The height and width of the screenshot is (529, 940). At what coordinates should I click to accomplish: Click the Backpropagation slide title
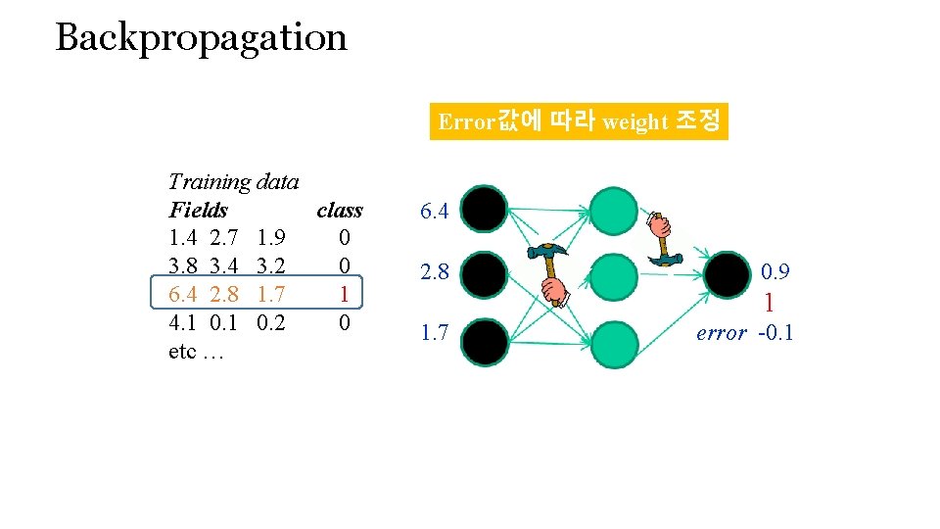(201, 38)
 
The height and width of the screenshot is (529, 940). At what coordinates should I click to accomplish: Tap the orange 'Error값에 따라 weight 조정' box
(579, 121)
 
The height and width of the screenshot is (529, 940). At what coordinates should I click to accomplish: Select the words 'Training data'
(233, 181)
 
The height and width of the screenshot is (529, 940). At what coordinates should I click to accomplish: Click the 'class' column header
(339, 210)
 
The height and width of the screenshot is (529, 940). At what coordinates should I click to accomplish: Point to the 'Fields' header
(198, 210)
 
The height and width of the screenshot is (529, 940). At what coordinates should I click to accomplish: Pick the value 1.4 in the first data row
(183, 238)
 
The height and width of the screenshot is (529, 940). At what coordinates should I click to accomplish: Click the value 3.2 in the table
(269, 265)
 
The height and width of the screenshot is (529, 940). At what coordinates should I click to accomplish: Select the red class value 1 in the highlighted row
(343, 294)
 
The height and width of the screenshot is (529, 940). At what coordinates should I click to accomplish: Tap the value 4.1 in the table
(183, 322)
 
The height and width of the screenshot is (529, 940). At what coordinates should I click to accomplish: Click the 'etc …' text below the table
(197, 351)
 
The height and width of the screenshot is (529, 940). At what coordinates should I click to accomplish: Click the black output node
(729, 275)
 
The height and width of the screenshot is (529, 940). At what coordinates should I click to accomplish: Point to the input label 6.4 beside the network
(434, 211)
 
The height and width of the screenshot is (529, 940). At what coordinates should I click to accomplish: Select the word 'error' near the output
(722, 333)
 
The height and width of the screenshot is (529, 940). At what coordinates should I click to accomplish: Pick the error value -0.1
(775, 333)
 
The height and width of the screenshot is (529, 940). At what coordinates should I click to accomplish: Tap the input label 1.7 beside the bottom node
(434, 334)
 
